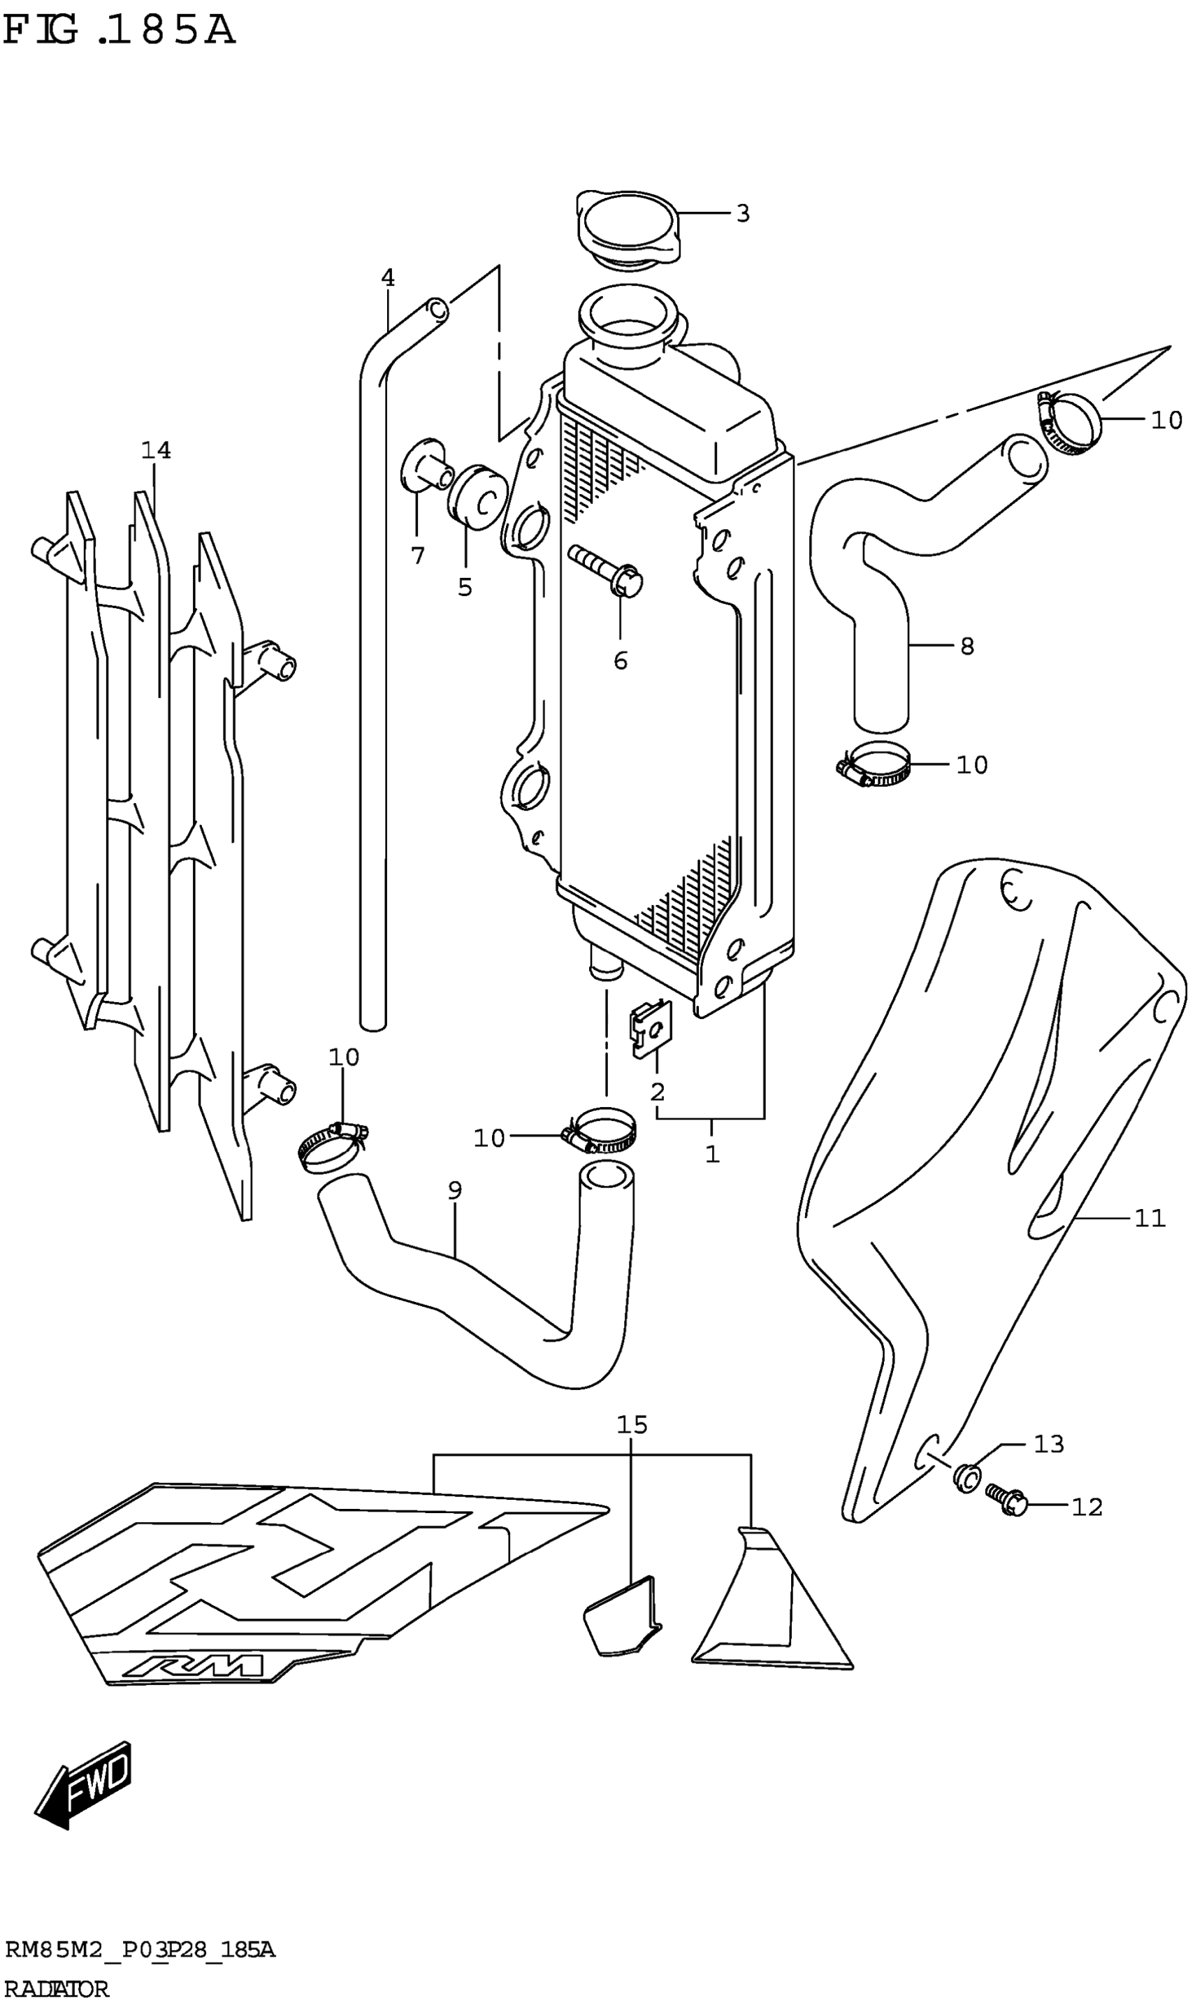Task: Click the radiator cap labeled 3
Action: point(628,226)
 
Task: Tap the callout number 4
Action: point(387,277)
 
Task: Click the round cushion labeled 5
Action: point(477,496)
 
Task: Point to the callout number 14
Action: point(156,451)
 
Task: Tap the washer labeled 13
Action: point(966,1475)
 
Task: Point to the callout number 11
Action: point(1150,1218)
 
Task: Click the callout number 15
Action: point(632,1424)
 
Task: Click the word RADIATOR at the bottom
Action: point(56,1983)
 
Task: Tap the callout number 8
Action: point(967,645)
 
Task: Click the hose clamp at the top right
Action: point(1071,422)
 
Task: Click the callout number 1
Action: point(711,1154)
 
